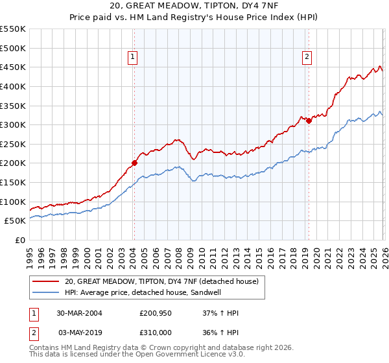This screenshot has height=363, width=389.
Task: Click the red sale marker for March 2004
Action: click(134, 163)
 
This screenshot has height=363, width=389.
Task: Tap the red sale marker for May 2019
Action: click(309, 121)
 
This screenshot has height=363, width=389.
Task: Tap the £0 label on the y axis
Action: click(20, 240)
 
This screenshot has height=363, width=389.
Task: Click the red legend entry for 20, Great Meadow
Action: click(161, 281)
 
